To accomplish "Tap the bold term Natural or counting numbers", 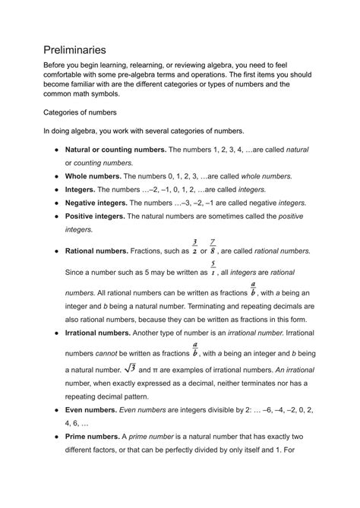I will click(115, 150).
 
